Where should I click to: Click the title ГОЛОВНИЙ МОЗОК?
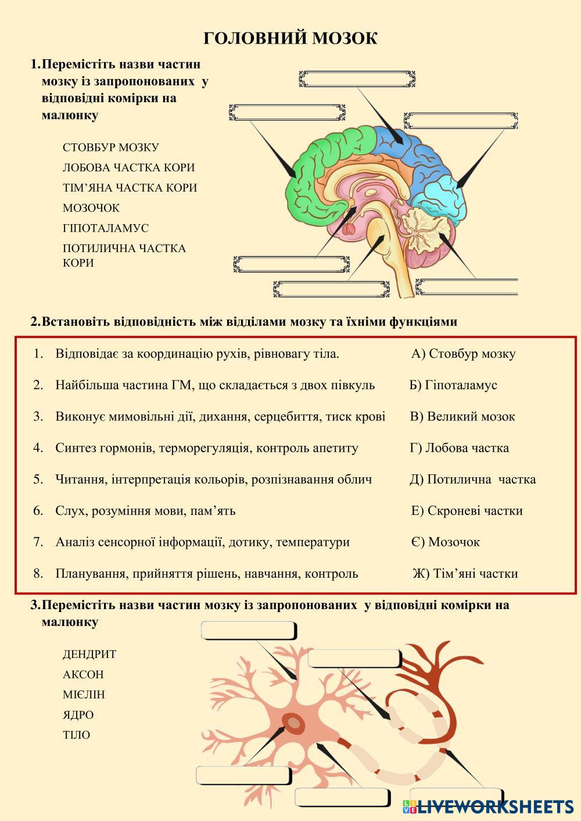coord(290,38)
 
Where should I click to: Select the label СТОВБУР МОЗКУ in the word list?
coord(110,147)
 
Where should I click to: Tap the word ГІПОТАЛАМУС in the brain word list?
coord(106,228)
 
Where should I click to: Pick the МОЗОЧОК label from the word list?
coord(91,208)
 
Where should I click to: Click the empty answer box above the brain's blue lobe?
coord(357,80)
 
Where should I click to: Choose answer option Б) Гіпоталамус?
coord(453,385)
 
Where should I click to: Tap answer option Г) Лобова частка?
coord(459,448)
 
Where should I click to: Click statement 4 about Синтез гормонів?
coord(206,448)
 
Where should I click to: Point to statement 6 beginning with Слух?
coord(145,511)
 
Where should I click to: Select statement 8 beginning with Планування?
coord(206,574)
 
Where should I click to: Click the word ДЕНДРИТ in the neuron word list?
coord(89,654)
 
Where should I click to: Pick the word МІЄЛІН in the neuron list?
coord(84,694)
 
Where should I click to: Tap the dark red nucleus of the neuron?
coord(295,723)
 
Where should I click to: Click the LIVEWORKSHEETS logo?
coord(488,806)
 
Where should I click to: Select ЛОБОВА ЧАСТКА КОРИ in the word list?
coord(128,168)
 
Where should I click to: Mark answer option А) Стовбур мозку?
coord(463,354)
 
